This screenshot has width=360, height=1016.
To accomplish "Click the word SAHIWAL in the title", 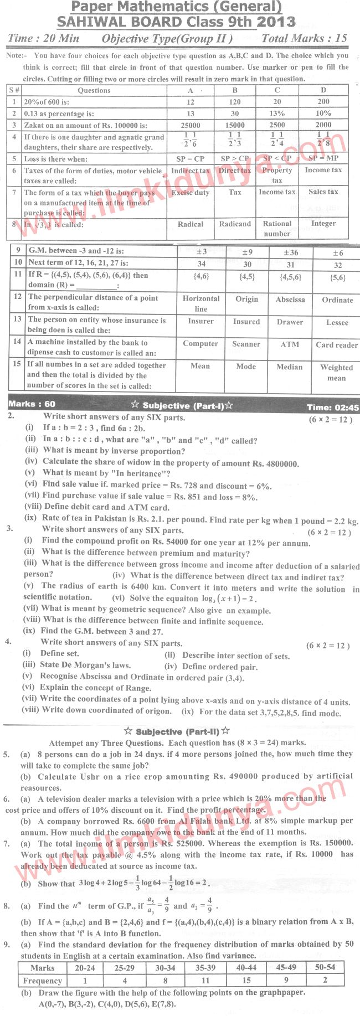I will [92, 22].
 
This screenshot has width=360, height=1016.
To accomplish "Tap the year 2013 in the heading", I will [276, 22].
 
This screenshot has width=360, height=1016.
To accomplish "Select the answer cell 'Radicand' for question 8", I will [235, 224].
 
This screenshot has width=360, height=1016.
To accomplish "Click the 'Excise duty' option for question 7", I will [191, 192].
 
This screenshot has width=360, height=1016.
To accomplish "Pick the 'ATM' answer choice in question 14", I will [290, 344].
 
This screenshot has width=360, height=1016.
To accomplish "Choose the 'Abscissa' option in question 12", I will [290, 300].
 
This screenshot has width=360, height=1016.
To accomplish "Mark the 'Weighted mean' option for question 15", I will [336, 373].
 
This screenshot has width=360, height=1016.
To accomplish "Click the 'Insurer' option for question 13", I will [200, 321].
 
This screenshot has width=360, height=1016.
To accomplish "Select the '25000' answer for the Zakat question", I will [191, 125].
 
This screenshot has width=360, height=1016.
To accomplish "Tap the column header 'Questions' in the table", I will [94, 91].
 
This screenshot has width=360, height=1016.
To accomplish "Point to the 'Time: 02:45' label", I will [332, 408].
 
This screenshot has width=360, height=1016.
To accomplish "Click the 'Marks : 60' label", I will [32, 404].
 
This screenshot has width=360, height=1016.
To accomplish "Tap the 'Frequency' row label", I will [42, 981].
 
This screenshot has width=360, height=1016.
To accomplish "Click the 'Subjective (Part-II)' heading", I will [178, 731].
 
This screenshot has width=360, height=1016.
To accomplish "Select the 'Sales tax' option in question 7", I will [323, 192].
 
